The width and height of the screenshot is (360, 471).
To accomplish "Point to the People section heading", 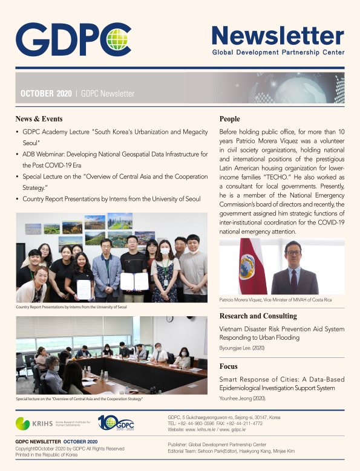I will click(x=229, y=119).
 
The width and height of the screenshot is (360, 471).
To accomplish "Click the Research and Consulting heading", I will click(x=258, y=316).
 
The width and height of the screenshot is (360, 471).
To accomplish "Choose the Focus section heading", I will click(x=229, y=366).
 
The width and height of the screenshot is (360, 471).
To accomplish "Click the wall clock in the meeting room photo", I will click(x=170, y=319).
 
